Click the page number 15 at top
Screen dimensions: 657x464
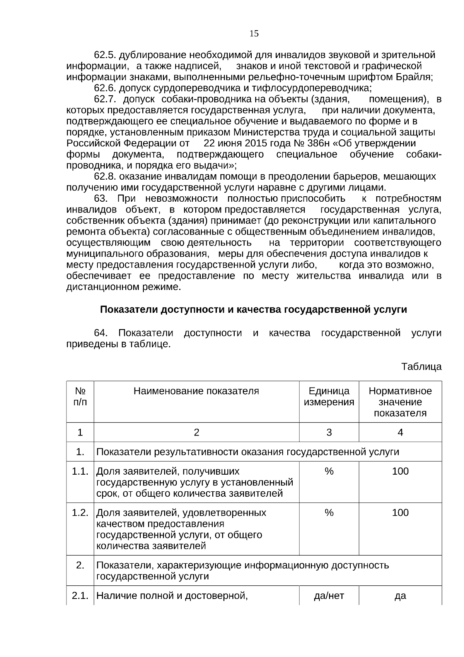point(254,34)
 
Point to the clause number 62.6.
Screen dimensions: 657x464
point(105,88)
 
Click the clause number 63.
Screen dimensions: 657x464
point(100,199)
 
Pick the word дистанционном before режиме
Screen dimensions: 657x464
point(102,287)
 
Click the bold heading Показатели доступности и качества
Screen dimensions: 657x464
point(253,310)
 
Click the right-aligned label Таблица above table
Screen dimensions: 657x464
point(421,367)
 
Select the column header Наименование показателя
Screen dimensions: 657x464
point(196,391)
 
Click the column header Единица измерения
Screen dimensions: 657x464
point(329,396)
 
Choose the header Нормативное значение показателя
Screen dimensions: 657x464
point(400,402)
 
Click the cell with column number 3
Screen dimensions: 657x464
point(329,432)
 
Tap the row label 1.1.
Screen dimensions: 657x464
point(80,471)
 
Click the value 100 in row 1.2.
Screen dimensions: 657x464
point(400,513)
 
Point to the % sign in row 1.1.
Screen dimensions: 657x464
point(329,471)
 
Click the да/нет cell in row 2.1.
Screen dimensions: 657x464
point(329,596)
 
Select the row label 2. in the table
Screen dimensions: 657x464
point(80,565)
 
